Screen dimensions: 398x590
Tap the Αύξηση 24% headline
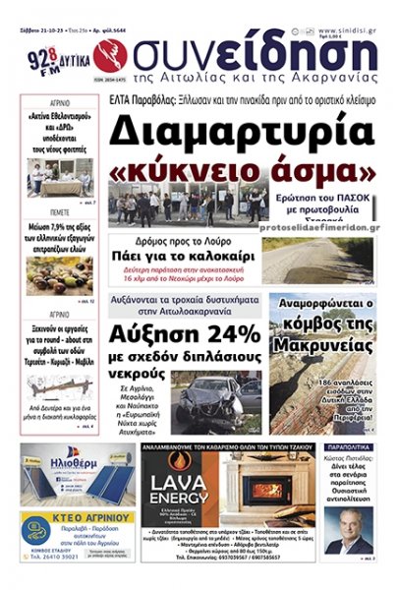(x=193, y=333)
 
